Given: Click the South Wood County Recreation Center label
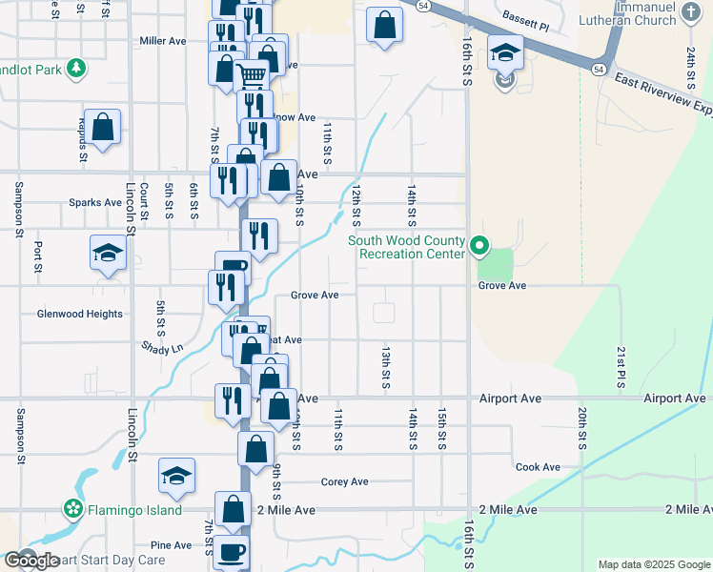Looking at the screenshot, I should tap(406, 247).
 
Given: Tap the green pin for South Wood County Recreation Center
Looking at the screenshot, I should tap(481, 248).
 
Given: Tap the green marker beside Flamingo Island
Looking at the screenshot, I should tap(72, 509).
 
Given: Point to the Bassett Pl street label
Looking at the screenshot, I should tap(526, 20).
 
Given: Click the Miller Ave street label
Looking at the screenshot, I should tap(162, 41).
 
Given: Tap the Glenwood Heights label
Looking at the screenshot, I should tap(79, 314).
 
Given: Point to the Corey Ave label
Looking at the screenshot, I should tap(344, 481).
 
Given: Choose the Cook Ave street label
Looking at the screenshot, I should tap(538, 467).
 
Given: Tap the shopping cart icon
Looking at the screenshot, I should tap(252, 74).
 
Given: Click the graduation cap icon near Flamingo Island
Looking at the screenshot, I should tap(176, 475).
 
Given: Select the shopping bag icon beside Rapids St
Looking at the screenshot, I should tap(104, 126).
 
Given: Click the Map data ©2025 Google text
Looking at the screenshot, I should tap(653, 564).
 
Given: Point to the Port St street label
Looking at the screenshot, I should tap(37, 257).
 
